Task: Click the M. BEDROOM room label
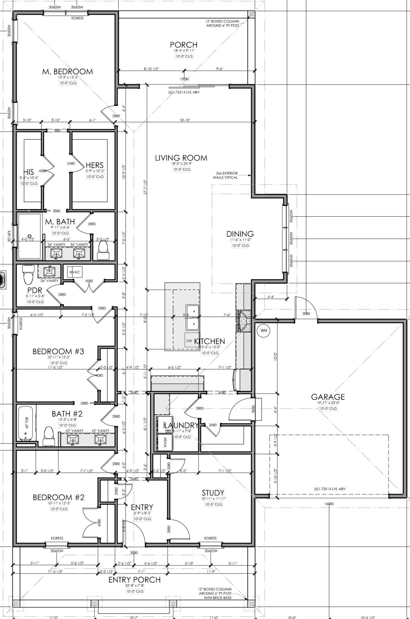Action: click(x=67, y=72)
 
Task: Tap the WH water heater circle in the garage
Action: click(x=264, y=330)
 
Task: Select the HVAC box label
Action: click(x=75, y=272)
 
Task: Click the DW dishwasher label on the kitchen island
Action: click(x=189, y=341)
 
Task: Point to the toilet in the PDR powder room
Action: click(x=27, y=274)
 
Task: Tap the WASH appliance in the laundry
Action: click(x=165, y=442)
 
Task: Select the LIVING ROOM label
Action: click(x=181, y=158)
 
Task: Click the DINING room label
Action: click(x=240, y=234)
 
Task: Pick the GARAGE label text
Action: click(x=328, y=397)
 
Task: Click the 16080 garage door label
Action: click(x=329, y=504)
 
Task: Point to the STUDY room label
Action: click(x=213, y=493)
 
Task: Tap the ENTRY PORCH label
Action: click(x=134, y=580)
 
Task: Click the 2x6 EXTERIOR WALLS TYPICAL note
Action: click(x=225, y=175)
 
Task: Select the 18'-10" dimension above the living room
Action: click(x=184, y=120)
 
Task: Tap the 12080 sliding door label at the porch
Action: click(x=184, y=79)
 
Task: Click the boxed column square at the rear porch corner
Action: click(x=252, y=14)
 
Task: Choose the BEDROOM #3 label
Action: click(x=58, y=351)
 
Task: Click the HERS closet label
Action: click(x=94, y=165)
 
